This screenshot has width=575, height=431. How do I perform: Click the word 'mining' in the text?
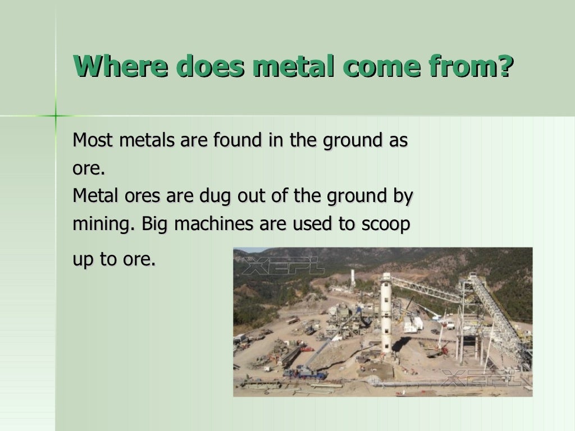(103, 224)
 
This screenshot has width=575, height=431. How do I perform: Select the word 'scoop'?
(385, 224)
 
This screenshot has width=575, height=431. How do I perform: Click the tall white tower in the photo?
(386, 314)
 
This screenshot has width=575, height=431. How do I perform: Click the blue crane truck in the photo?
(304, 372)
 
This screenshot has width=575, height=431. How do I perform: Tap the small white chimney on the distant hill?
(353, 277)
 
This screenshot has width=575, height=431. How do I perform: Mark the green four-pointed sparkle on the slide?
(56, 116)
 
